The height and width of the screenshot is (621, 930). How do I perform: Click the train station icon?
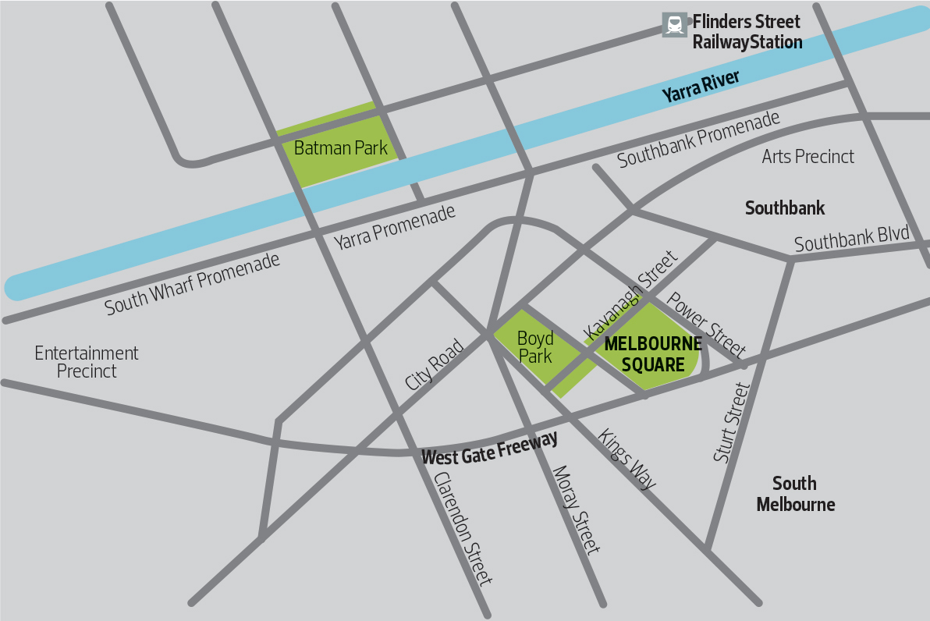(674, 25)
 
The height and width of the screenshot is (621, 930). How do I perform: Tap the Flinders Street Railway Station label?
(747, 32)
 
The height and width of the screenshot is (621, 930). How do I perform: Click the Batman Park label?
(340, 147)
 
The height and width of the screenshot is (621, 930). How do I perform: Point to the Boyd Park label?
(535, 347)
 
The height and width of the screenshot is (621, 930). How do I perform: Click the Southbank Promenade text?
(698, 140)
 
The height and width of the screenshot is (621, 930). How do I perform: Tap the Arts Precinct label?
(808, 157)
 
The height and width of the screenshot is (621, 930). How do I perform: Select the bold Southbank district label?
(784, 208)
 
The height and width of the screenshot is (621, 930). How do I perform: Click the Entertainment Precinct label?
(87, 362)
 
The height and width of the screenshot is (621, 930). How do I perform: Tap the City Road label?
(435, 365)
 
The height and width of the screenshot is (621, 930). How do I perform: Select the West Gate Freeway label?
(489, 449)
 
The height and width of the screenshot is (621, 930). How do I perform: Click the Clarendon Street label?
(463, 528)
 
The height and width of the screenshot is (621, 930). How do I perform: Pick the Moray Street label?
(576, 509)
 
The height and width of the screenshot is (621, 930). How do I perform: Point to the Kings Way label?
(627, 459)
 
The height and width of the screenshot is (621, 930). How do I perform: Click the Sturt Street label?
(731, 422)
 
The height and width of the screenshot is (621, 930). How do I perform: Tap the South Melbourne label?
(795, 494)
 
